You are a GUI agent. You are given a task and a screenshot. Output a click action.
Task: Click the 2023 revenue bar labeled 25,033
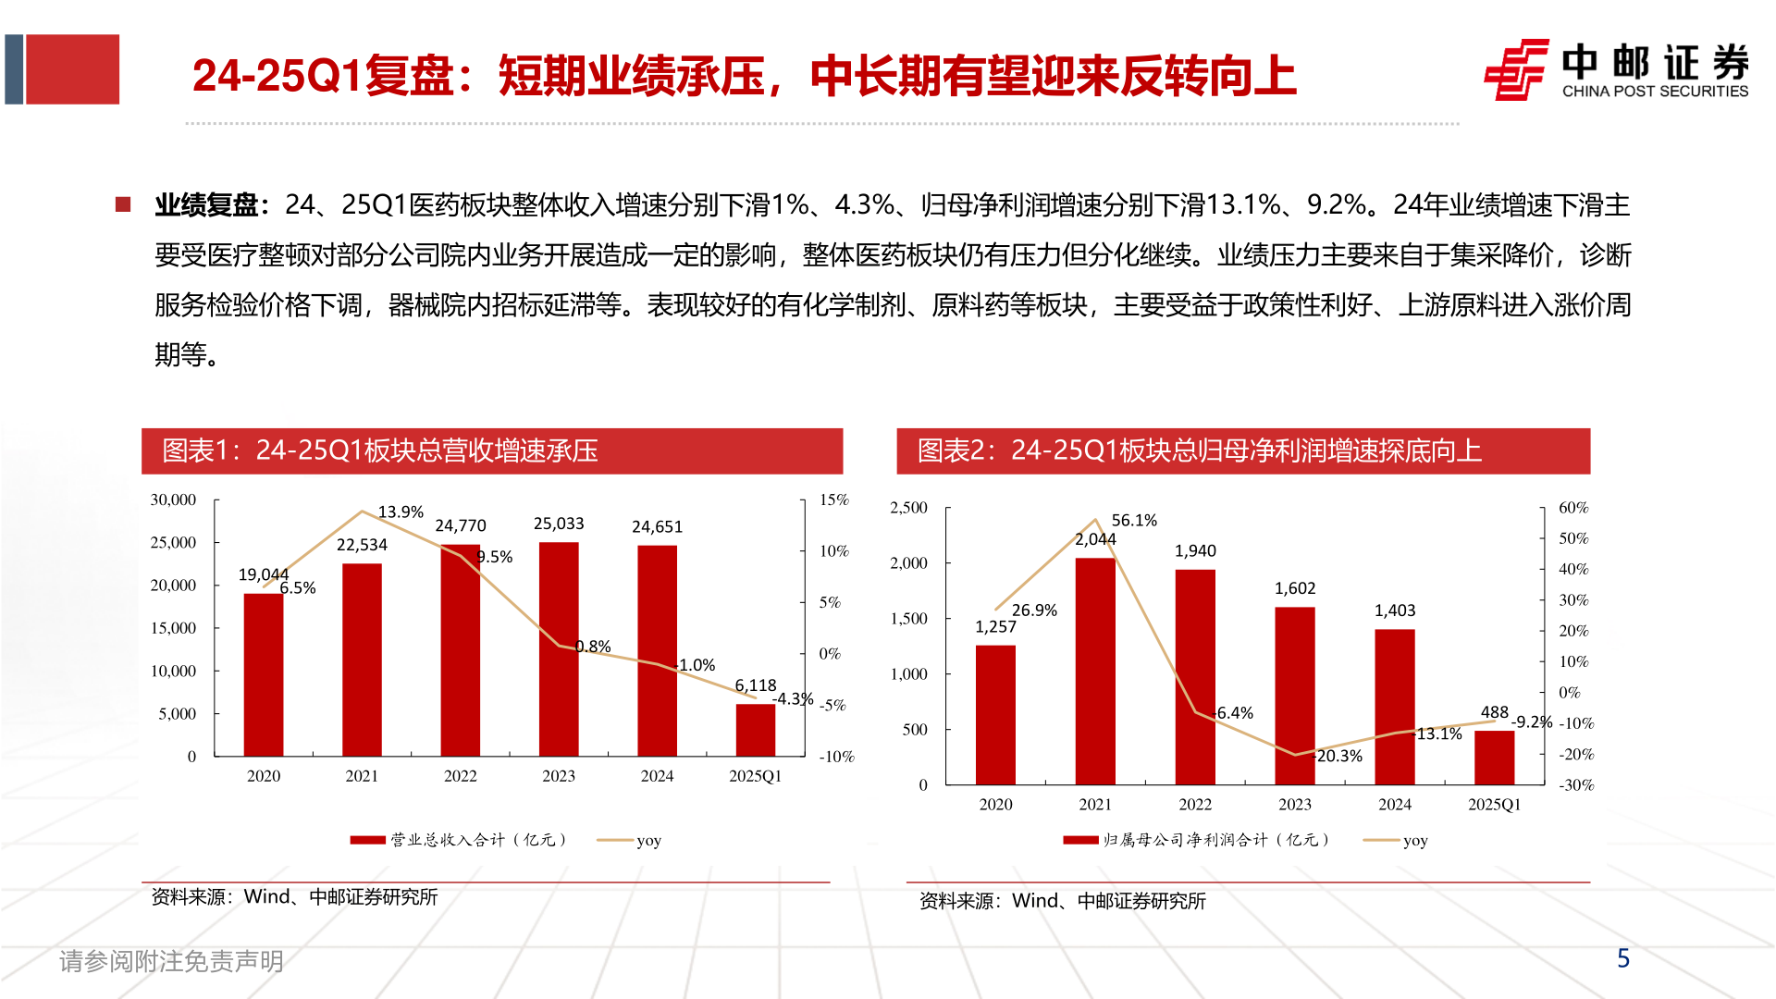559,647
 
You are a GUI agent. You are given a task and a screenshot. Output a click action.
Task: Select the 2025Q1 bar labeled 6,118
755,730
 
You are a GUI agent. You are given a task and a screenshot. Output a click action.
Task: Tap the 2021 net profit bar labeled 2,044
1095,671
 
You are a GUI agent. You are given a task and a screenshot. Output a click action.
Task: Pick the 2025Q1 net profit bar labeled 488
1494,758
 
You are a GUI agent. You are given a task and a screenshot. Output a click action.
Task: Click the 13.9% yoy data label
401,512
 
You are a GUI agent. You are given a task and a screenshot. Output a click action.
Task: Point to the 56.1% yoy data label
1134,520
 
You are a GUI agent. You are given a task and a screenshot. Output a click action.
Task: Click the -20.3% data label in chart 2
1338,756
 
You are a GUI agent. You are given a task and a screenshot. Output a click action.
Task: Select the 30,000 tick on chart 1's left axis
174,499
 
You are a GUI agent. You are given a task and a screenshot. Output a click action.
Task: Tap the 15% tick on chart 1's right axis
833,499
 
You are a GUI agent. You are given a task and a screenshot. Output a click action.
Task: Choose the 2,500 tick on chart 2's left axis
908,508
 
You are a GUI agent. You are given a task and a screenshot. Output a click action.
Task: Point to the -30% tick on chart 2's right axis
1575,785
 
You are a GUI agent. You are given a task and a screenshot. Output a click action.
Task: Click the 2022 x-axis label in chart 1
460,776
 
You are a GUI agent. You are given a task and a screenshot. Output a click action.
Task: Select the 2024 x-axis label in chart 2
1394,805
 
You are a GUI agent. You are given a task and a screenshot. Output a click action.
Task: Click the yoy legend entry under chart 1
630,840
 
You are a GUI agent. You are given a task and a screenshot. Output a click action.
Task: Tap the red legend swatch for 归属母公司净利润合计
1079,840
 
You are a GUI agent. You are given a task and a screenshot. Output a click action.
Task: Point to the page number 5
1623,958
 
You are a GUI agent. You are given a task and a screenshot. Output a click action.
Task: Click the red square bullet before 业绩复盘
123,204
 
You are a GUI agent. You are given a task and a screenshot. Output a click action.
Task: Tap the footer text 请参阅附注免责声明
172,961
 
